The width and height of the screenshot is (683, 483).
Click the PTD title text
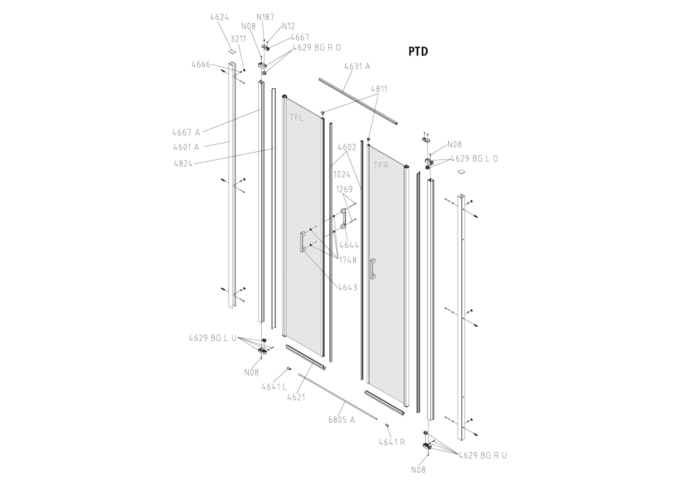tap(418, 51)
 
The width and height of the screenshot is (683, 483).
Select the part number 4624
tap(219, 17)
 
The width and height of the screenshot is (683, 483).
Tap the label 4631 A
tap(357, 66)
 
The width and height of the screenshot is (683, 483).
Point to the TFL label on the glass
tap(296, 117)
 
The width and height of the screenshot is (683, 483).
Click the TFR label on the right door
tap(381, 166)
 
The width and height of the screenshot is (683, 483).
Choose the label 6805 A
tap(341, 420)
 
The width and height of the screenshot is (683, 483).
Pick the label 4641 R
tap(391, 442)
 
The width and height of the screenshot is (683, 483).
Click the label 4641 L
tap(274, 387)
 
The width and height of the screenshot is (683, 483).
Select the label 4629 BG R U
tap(483, 455)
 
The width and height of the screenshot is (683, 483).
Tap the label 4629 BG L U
tap(213, 338)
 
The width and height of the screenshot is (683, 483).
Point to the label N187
tap(265, 17)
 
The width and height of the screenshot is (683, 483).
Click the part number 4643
tap(347, 287)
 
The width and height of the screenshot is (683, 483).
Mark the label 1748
tap(347, 260)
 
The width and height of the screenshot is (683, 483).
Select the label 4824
tap(183, 163)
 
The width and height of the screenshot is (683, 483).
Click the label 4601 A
tap(186, 147)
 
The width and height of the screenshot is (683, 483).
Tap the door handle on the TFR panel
tap(373, 268)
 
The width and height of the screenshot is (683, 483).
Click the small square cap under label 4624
tap(232, 51)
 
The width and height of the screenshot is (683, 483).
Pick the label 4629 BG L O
tap(474, 158)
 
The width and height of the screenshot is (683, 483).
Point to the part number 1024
tap(342, 174)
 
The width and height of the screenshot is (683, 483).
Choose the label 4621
tap(296, 397)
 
